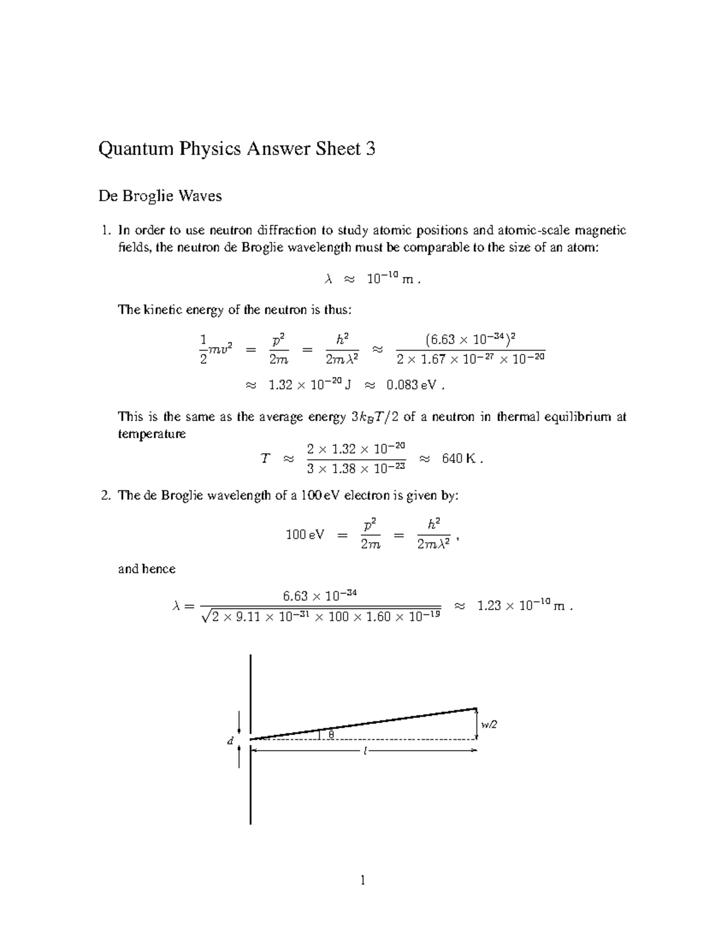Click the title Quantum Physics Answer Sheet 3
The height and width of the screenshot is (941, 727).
(x=237, y=149)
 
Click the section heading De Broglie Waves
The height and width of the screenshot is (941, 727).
(x=160, y=196)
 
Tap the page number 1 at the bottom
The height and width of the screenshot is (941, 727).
(x=363, y=880)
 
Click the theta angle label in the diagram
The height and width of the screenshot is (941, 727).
(x=331, y=734)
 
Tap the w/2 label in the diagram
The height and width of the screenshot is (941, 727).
(x=489, y=725)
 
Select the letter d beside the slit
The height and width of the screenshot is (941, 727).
(x=230, y=740)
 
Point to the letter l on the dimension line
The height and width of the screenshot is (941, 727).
(x=365, y=751)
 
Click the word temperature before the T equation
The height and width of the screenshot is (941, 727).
(x=151, y=434)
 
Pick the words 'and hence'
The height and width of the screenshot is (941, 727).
(x=147, y=569)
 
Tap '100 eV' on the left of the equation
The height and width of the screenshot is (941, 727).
(x=305, y=535)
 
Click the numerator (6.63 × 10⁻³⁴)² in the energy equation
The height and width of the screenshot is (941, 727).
(x=470, y=338)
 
